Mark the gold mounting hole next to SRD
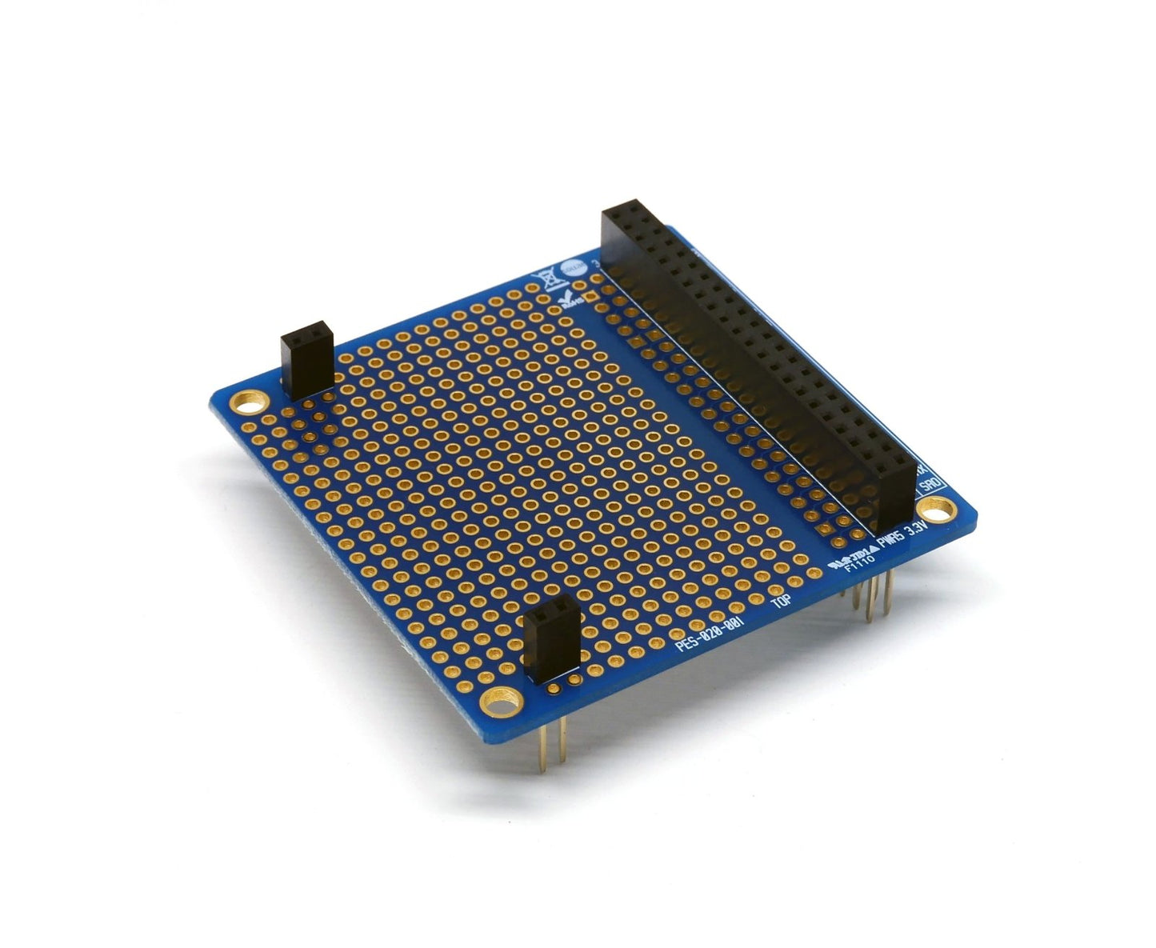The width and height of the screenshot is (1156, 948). [x=945, y=507]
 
